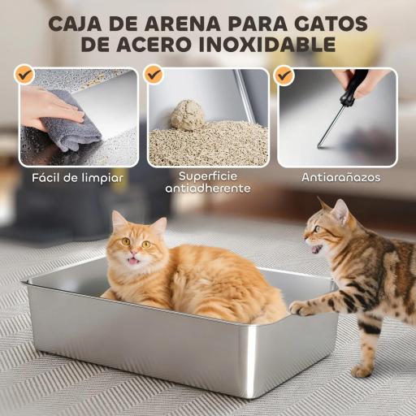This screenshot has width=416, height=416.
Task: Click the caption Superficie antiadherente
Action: tap(207, 182)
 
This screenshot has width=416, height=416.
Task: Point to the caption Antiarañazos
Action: tap(340, 176)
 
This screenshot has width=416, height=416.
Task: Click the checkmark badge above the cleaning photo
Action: tap(25, 76)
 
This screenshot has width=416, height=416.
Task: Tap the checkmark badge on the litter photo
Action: tap(154, 76)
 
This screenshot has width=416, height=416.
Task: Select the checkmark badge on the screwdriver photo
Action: tap(284, 76)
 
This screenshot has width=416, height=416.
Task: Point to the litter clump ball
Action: tap(188, 115)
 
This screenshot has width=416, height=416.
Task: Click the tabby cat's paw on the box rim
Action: tap(301, 308)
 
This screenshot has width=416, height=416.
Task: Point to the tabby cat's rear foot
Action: tap(362, 370)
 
